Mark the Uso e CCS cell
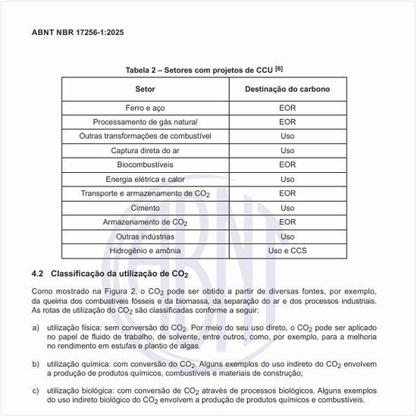pyautogui.click(x=287, y=250)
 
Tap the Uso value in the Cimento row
pyautogui.click(x=287, y=208)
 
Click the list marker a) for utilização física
pyautogui.click(x=36, y=328)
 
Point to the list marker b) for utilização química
pyautogui.click(x=36, y=364)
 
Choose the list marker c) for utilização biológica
pyautogui.click(x=36, y=391)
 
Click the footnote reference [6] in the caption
pyautogui.click(x=280, y=69)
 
